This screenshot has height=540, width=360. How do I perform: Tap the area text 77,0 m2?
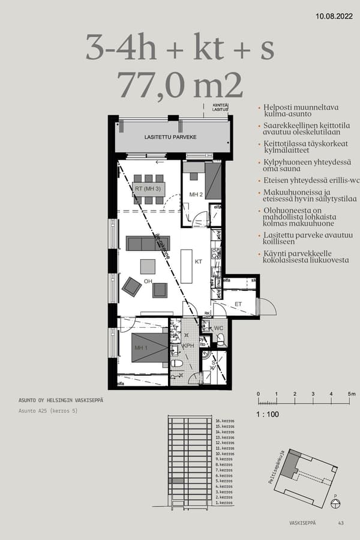coord(180,85)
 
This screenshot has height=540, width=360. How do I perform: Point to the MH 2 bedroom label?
coord(196,195)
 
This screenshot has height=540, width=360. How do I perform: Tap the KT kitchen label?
coord(199,262)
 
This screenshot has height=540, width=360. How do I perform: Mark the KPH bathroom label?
coord(188,347)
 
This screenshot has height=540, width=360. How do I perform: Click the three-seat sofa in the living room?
coord(148,243)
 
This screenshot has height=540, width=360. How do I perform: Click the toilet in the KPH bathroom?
coord(177,364)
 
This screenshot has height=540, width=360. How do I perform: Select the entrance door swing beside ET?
coord(266,306)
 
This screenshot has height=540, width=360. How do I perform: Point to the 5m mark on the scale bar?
coord(352,394)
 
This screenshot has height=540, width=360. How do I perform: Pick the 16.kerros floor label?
coord(224,421)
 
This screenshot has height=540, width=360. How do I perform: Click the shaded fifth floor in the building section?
coord(176,481)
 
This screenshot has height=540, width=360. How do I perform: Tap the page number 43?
coord(341,523)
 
